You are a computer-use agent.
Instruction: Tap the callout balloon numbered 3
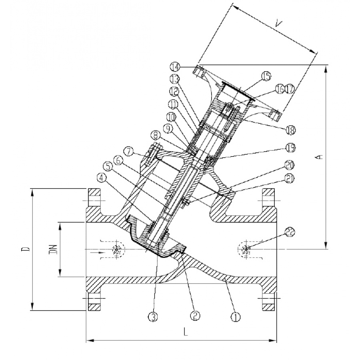click(x=154, y=317)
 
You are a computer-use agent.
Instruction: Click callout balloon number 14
click(x=175, y=66)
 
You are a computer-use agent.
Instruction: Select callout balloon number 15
click(x=266, y=76)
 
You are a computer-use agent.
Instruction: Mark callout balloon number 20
click(x=290, y=164)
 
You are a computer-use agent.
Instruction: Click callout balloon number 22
click(x=290, y=231)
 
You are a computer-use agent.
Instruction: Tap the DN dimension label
click(x=52, y=249)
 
